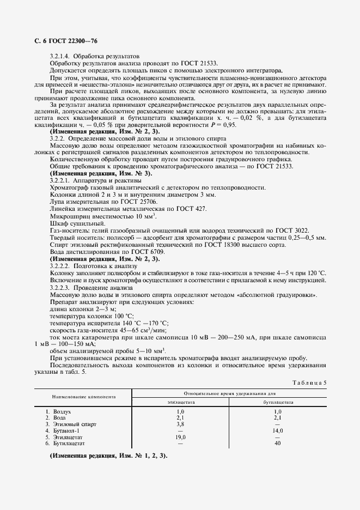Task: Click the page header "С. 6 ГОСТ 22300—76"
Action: coord(62,41)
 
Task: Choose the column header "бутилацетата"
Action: coord(278,402)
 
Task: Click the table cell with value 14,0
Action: coord(278,430)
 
